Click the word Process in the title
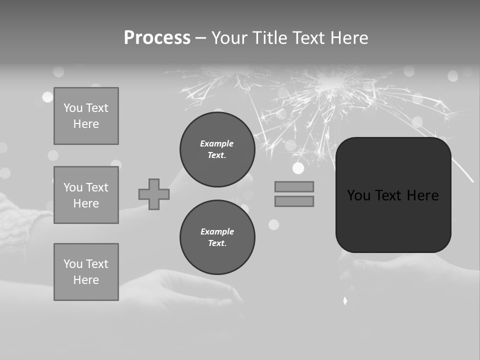click(157, 38)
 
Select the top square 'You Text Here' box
click(86, 116)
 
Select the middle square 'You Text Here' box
click(86, 195)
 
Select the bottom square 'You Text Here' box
click(86, 272)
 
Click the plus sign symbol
click(154, 194)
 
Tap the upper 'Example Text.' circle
click(217, 149)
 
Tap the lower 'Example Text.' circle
click(217, 237)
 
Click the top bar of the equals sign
click(294, 186)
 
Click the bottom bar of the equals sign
click(294, 201)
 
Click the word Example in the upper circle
click(217, 143)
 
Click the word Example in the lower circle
click(217, 231)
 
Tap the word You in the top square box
click(73, 108)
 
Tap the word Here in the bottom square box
click(86, 280)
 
